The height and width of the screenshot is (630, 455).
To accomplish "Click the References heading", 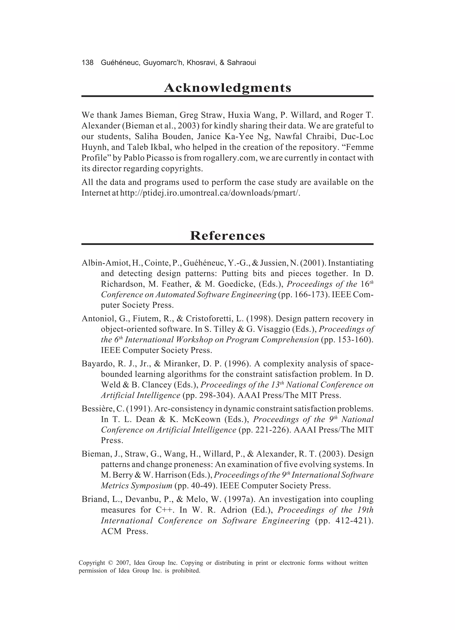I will click(227, 236).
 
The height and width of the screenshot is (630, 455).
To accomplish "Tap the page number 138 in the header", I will click(88, 63).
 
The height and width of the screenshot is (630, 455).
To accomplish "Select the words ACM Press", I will click(124, 531).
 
